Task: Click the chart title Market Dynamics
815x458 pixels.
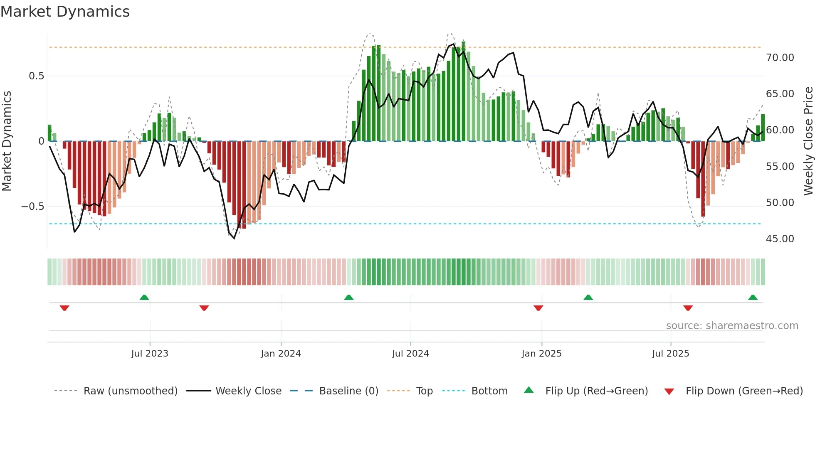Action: [65, 12]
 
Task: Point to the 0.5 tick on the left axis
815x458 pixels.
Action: [36, 76]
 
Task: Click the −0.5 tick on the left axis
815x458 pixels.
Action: [33, 207]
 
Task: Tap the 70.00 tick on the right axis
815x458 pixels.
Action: [780, 58]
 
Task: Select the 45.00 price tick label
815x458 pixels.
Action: [780, 239]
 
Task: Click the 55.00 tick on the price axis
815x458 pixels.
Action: [780, 167]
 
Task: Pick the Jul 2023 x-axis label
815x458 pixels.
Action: [150, 354]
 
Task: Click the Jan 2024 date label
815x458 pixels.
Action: [281, 354]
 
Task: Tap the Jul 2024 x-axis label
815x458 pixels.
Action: [410, 354]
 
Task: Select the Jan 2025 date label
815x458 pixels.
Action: [541, 354]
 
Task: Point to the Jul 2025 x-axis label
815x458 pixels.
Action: [670, 354]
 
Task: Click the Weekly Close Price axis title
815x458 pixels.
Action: [808, 141]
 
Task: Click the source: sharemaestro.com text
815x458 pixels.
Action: [732, 326]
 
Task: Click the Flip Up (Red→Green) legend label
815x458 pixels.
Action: [596, 391]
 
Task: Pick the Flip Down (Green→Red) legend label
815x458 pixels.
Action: [744, 391]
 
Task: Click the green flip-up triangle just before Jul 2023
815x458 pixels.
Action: [144, 298]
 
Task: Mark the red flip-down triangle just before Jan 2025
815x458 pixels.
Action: [538, 308]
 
